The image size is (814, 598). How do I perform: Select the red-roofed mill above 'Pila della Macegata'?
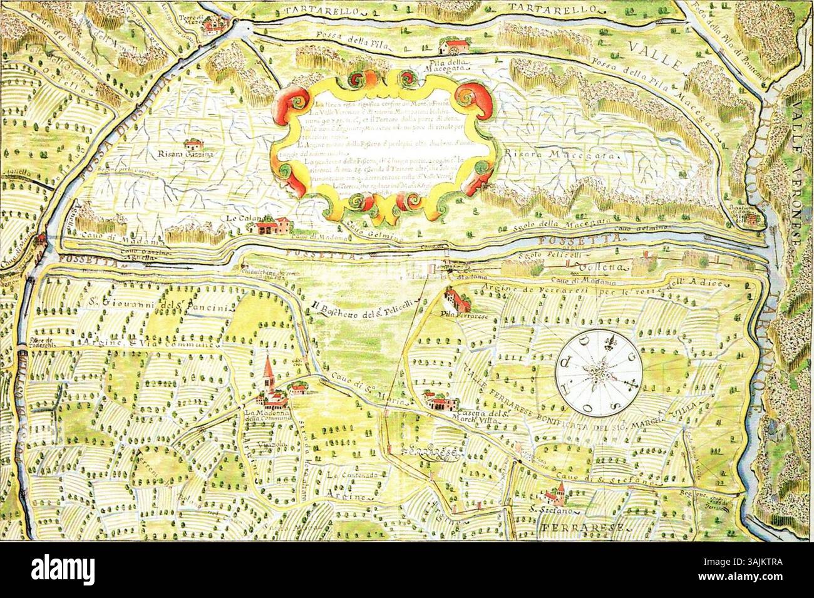pos(451,48)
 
